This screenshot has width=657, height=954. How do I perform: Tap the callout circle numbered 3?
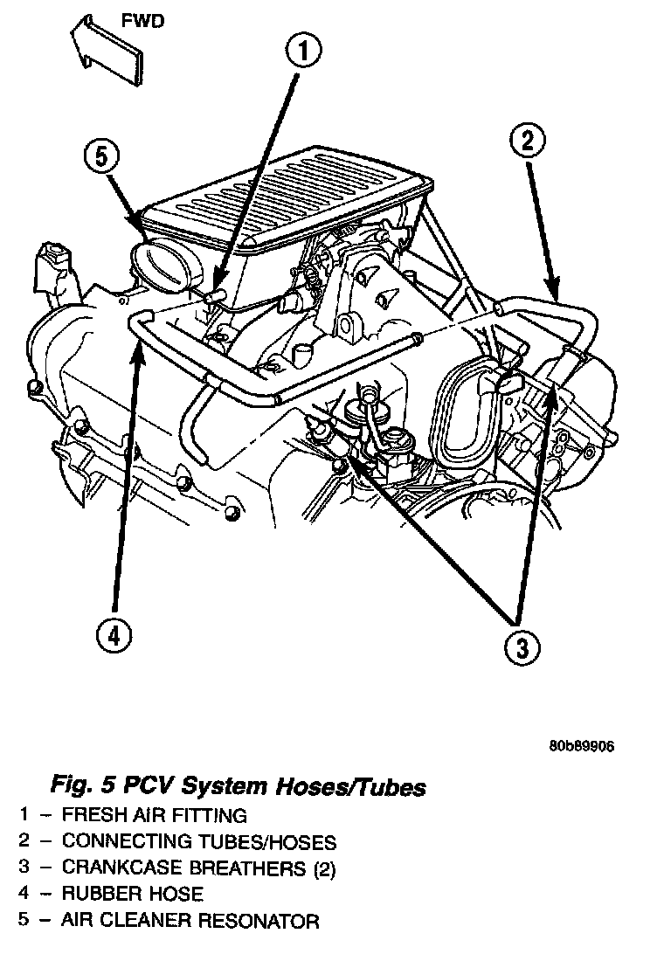522,648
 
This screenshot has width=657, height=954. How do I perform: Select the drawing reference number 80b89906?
583,747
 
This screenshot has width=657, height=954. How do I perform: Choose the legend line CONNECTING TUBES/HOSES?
199,842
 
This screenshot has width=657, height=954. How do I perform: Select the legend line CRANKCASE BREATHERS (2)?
199,868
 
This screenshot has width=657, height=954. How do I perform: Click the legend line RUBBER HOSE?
133,895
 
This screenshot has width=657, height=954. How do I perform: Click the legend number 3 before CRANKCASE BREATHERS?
27,868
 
